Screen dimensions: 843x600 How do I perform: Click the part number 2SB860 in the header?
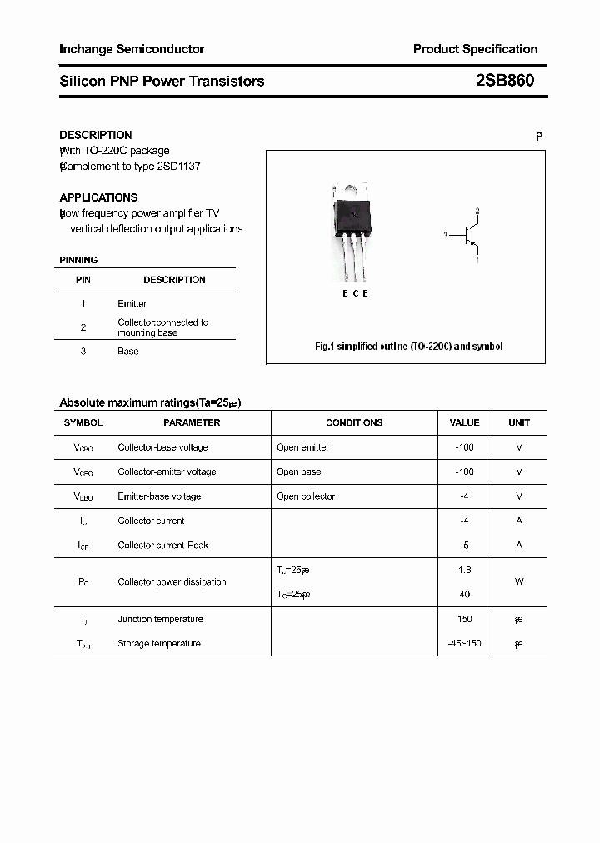[505, 81]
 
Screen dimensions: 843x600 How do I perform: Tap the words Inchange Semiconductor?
[132, 49]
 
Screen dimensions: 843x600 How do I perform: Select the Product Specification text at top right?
[475, 49]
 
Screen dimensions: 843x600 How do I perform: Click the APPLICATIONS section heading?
[98, 197]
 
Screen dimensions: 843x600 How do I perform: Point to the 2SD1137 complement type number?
[179, 166]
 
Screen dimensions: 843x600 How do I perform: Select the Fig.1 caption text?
[408, 346]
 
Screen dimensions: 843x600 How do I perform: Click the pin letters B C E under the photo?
[355, 293]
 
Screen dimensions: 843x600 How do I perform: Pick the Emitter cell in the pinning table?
[132, 303]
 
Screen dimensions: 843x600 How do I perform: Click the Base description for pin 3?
[127, 351]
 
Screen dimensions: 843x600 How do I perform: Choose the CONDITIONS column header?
[354, 422]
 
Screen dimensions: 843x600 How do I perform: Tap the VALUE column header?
[464, 422]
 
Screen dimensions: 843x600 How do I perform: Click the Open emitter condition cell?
[302, 447]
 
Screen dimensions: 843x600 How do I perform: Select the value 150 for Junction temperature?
[464, 619]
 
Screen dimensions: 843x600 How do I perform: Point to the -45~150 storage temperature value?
[464, 643]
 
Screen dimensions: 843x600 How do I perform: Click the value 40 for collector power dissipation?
[464, 594]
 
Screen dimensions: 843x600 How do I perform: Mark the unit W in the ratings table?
[518, 581]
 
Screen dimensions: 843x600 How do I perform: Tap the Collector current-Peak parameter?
[162, 545]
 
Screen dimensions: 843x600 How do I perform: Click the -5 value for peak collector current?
[464, 545]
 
